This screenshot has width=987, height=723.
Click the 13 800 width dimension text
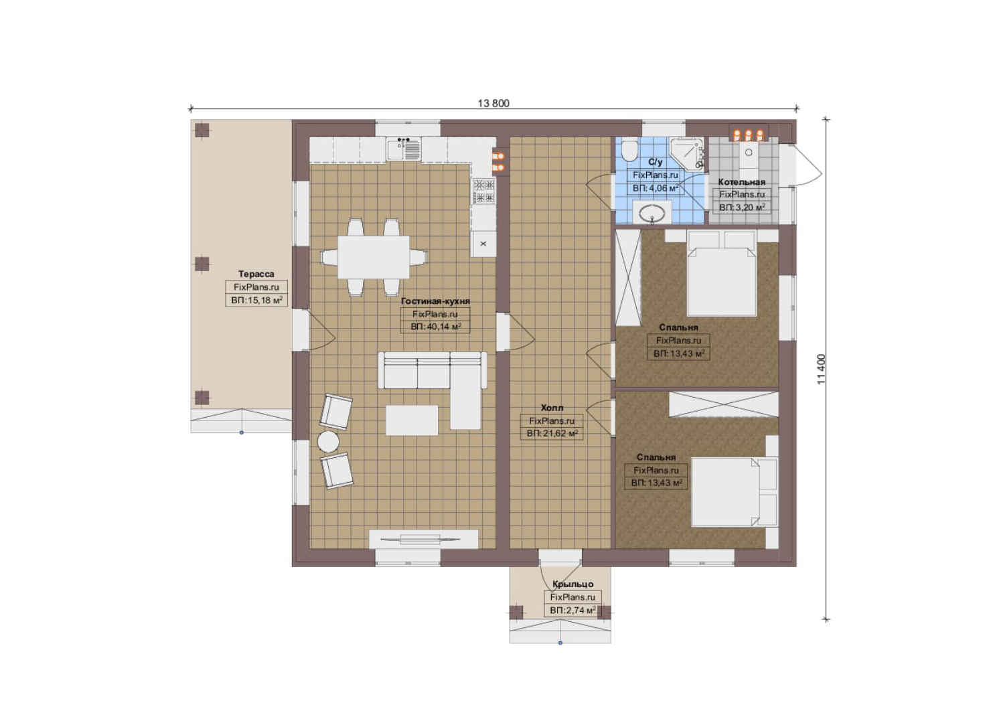click(x=493, y=103)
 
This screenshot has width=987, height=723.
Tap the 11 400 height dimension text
click(x=821, y=369)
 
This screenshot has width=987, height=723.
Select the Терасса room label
click(x=256, y=274)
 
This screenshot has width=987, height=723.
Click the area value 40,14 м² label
click(x=435, y=327)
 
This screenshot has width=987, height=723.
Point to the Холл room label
click(x=552, y=408)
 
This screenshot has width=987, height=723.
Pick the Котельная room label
click(x=741, y=182)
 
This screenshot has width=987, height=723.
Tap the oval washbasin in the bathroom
click(x=652, y=215)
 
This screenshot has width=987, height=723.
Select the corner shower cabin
click(x=687, y=153)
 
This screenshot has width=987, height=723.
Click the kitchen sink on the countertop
click(x=404, y=149)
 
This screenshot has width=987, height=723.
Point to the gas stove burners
click(x=483, y=191)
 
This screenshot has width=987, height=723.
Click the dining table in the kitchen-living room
click(x=373, y=257)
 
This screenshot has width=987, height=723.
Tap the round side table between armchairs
click(x=328, y=441)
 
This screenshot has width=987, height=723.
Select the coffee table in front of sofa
click(x=412, y=420)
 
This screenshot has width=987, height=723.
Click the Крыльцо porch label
click(x=573, y=584)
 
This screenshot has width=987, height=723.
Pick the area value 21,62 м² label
click(x=552, y=434)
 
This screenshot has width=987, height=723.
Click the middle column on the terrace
click(x=202, y=264)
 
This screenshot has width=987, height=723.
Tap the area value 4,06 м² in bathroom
click(x=655, y=188)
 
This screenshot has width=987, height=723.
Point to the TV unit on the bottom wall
click(x=423, y=539)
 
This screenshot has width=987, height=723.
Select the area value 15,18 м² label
click(x=256, y=301)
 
